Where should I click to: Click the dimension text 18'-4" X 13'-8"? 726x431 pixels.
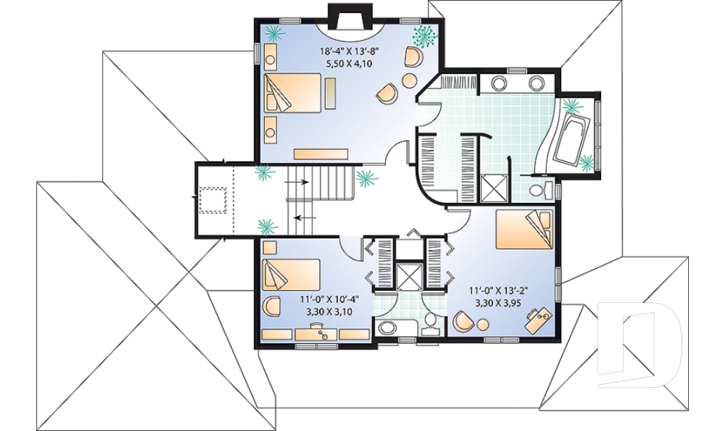350,51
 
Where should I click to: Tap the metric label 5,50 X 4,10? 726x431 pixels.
350,64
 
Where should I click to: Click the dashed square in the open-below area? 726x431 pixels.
214,198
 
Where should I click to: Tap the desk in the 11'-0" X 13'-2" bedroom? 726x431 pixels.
538,320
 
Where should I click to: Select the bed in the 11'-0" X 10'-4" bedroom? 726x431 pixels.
291,273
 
